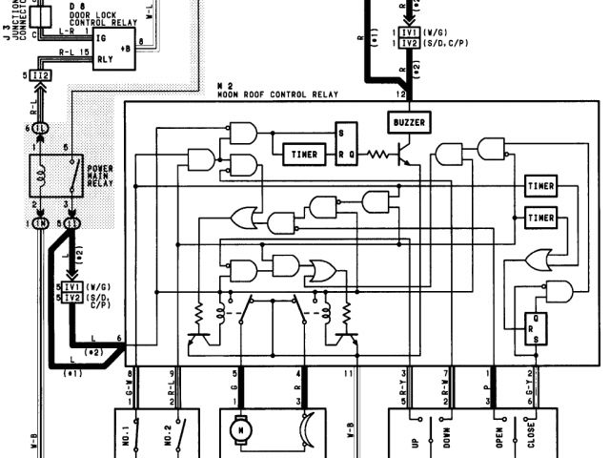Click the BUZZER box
(409, 122)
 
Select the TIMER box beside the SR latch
(304, 154)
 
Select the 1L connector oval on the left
(40, 128)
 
